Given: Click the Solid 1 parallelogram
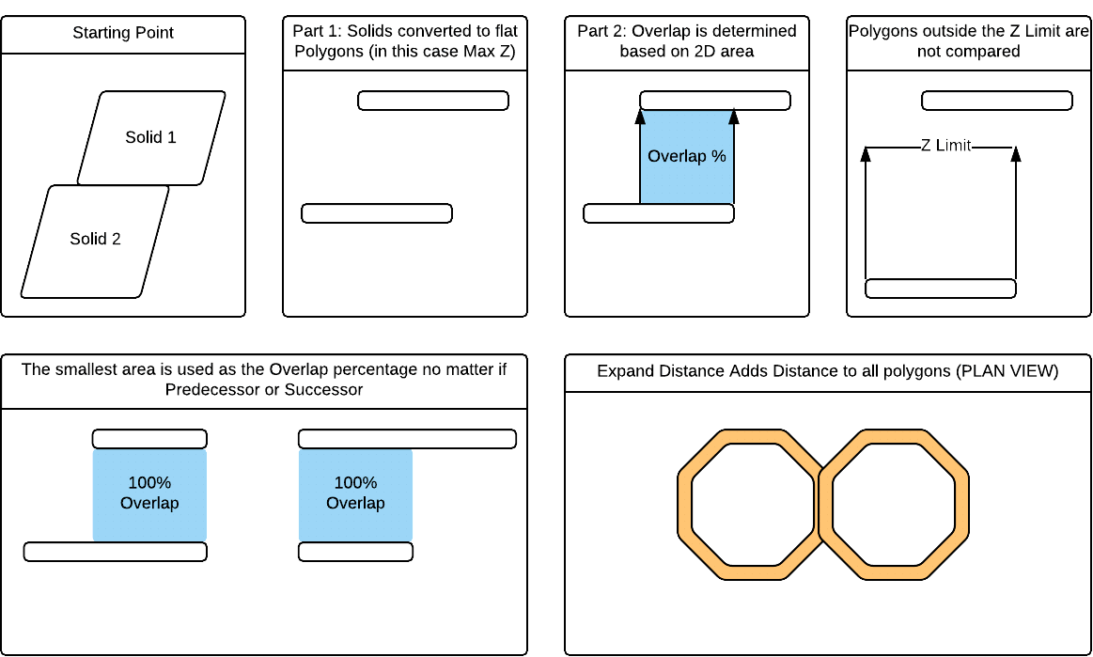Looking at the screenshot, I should pyautogui.click(x=151, y=137).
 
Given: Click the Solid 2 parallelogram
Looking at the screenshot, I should pyautogui.click(x=95, y=240).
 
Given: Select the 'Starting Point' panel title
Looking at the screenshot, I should pyautogui.click(x=123, y=34).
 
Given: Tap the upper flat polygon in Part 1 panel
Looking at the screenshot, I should pyautogui.click(x=433, y=101).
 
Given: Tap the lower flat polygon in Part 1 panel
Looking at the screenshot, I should pyautogui.click(x=377, y=213).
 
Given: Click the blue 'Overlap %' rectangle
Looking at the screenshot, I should pyautogui.click(x=687, y=156).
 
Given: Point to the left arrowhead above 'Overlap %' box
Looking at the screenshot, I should pyautogui.click(x=640, y=117).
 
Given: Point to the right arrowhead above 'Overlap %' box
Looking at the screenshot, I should pyautogui.click(x=734, y=117).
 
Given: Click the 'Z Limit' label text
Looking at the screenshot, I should pyautogui.click(x=945, y=146).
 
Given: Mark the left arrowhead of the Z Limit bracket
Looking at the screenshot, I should pyautogui.click(x=866, y=154).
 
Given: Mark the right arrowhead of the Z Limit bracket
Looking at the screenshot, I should pyautogui.click(x=1015, y=154).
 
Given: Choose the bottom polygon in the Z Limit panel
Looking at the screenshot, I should pyautogui.click(x=941, y=289).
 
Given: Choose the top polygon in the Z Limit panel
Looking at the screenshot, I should pyautogui.click(x=997, y=101).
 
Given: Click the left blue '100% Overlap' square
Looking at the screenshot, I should pyautogui.click(x=149, y=494).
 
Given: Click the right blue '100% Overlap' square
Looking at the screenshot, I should pyautogui.click(x=355, y=494).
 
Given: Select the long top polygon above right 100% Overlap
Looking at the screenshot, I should pyautogui.click(x=407, y=439).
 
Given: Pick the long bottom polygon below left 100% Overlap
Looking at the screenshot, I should pyautogui.click(x=115, y=552).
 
